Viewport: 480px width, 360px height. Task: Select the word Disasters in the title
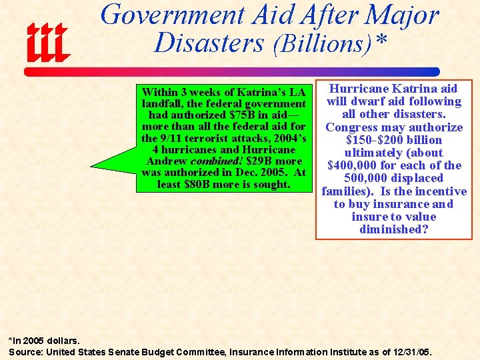[x=209, y=43]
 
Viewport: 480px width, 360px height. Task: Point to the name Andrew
[x=166, y=161]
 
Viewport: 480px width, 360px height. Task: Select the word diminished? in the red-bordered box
[x=393, y=229]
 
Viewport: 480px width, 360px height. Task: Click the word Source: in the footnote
[x=25, y=351]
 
